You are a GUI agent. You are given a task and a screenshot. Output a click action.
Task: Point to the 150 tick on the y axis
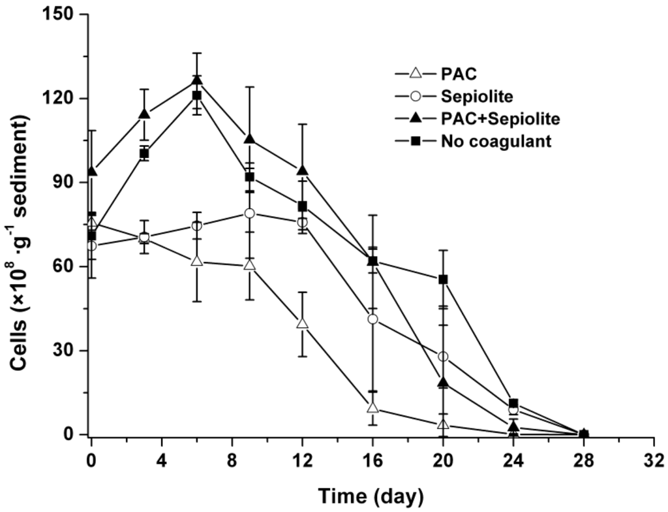[66, 14]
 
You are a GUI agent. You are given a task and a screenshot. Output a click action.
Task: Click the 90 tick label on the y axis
[70, 183]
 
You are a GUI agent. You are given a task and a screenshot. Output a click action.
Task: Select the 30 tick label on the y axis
[70, 351]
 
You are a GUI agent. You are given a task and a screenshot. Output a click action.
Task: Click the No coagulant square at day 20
[443, 280]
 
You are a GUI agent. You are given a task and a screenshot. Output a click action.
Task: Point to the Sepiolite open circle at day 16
[372, 319]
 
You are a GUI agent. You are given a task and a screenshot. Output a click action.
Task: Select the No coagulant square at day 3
[144, 153]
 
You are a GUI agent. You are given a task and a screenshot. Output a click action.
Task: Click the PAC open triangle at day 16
[372, 408]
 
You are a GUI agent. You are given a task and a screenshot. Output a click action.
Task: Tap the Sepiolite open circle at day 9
[249, 214]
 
